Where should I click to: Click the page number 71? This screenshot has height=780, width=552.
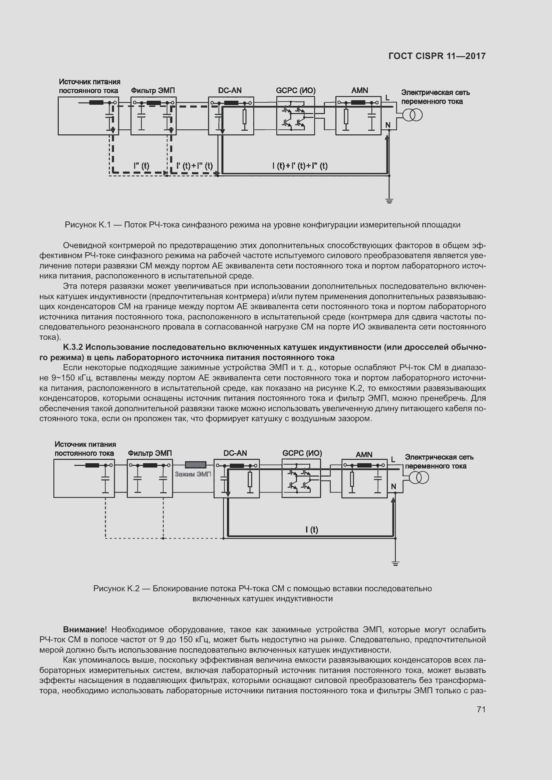coord(481,710)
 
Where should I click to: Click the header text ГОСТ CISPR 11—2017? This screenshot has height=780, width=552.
coord(437,56)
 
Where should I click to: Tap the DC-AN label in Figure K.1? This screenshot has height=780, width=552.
coord(230,90)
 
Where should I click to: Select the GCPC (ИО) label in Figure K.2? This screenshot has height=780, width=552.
coord(302,453)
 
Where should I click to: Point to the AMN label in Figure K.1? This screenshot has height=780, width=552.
coord(360,90)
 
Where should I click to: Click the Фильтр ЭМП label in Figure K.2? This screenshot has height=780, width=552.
coord(150,453)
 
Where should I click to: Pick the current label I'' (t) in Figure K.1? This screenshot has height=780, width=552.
coord(142,166)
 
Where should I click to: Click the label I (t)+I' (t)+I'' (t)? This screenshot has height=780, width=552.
coord(300,166)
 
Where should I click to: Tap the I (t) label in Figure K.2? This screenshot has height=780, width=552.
coord(312,530)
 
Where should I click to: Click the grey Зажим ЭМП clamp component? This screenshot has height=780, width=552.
coord(196,465)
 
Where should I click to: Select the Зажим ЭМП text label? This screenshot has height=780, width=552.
coord(193,474)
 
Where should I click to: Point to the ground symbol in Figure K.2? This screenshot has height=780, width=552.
coord(395,564)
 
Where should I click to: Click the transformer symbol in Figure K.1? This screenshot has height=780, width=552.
coord(412,116)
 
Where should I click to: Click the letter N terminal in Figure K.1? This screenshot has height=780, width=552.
coord(388,126)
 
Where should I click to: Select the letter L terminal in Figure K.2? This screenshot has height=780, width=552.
coord(393,460)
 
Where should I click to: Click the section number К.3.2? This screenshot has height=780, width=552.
coord(73,347)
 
